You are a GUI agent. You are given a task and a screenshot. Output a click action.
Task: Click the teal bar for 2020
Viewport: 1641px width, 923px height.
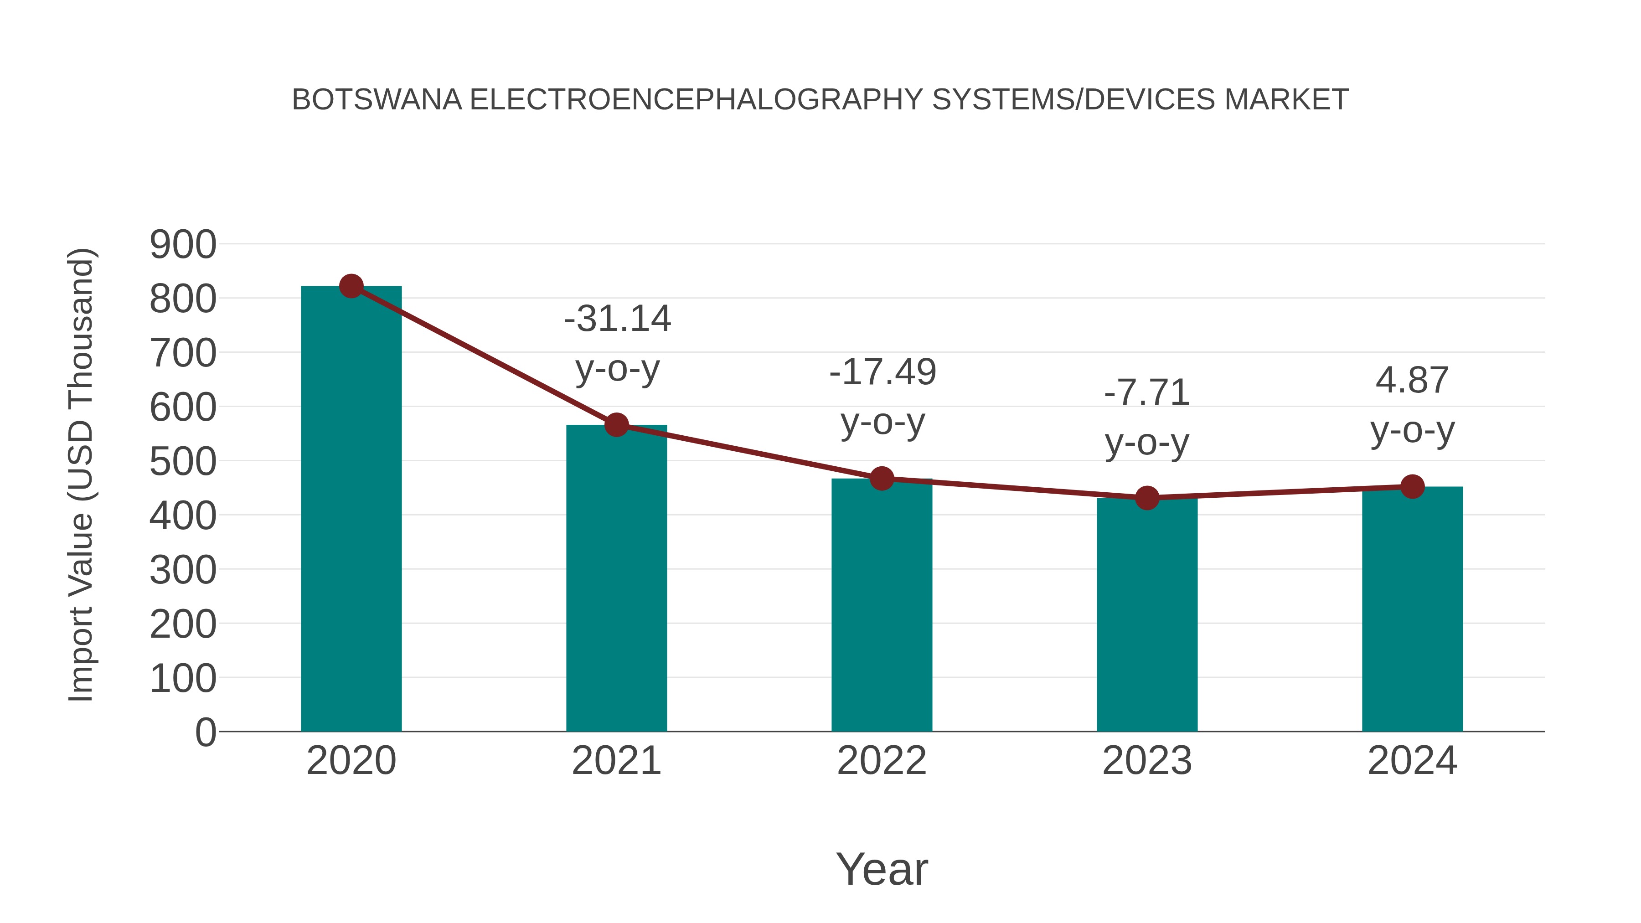(351, 510)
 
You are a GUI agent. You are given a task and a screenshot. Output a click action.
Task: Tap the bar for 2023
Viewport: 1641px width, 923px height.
(1147, 615)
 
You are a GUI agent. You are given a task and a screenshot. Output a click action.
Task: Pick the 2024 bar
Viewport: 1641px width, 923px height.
(1412, 609)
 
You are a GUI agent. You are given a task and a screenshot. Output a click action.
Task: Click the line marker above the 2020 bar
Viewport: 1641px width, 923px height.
(351, 286)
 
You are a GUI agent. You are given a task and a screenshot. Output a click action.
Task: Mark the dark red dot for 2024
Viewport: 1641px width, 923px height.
(1412, 487)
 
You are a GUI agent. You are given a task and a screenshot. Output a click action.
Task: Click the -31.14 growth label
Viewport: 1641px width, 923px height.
(617, 319)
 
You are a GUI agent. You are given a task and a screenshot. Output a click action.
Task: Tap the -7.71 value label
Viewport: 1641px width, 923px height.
(1147, 392)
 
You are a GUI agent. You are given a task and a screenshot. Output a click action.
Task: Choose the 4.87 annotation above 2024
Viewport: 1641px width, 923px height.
(1412, 380)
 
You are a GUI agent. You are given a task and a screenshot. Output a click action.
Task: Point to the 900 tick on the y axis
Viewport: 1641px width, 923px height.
(183, 245)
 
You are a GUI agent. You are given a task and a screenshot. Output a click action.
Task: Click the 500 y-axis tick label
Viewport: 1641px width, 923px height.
(183, 462)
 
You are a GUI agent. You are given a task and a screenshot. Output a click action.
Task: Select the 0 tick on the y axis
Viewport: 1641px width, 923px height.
(205, 732)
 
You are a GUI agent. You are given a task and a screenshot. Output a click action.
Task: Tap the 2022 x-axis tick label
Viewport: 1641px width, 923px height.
(882, 761)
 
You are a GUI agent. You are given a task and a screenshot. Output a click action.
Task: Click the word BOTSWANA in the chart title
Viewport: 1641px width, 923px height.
(377, 100)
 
